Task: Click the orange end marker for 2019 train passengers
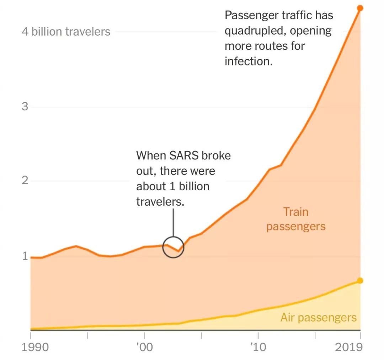[x=360, y=8]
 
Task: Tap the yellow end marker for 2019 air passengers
[x=360, y=281]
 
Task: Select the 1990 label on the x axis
[x=36, y=347]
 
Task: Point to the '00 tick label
[x=144, y=347]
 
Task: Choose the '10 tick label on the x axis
[x=258, y=347]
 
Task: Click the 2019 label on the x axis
[x=349, y=347]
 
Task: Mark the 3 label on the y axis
[x=25, y=106]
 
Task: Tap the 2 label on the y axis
[x=25, y=180]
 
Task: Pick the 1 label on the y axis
[x=25, y=256]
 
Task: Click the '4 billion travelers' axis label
[x=66, y=32]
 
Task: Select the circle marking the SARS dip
[x=173, y=247]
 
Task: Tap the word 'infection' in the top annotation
[x=248, y=61]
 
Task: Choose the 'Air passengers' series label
[x=318, y=317]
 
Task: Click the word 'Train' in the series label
[x=295, y=212]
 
